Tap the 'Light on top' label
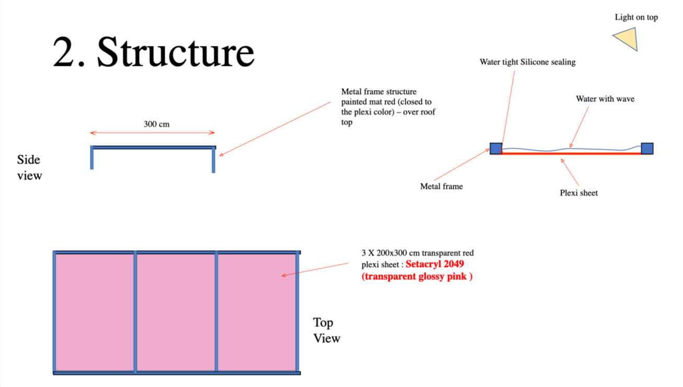click(636, 17)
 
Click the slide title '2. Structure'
click(153, 52)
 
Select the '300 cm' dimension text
click(156, 124)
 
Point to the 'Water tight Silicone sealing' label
click(528, 62)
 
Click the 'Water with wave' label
click(605, 99)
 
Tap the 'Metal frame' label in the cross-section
click(441, 186)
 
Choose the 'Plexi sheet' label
click(579, 193)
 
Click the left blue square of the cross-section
click(496, 149)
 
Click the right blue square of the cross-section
click(647, 149)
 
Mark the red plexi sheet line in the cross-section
click(572, 153)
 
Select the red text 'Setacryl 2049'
click(435, 264)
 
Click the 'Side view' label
click(29, 167)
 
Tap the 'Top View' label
click(326, 331)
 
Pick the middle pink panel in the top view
click(176, 313)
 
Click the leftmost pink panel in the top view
click(95, 313)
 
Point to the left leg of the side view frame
click(92, 157)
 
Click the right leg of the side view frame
click(213, 160)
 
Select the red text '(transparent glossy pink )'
click(417, 276)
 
